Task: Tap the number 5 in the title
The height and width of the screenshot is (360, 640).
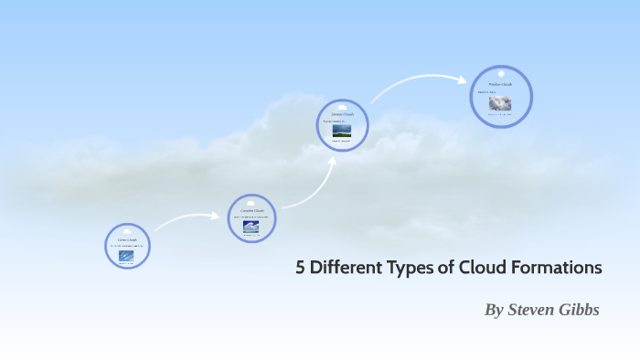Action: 300,269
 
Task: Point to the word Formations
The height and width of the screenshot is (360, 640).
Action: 558,269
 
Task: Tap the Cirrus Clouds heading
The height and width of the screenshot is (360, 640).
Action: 127,240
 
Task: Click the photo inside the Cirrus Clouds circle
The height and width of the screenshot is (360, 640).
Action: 127,256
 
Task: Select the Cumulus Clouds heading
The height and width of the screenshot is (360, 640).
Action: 251,211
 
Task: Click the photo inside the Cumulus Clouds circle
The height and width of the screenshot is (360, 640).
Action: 251,226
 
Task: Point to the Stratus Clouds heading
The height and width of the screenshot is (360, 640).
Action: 342,114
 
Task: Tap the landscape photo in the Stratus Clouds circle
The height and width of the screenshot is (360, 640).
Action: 342,130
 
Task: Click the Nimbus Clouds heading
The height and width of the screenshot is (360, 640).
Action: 500,84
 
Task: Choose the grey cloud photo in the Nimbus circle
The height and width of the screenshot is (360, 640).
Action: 500,103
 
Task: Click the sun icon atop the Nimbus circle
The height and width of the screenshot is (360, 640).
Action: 501,72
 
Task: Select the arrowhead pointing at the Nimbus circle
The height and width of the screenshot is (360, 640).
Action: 463,79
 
